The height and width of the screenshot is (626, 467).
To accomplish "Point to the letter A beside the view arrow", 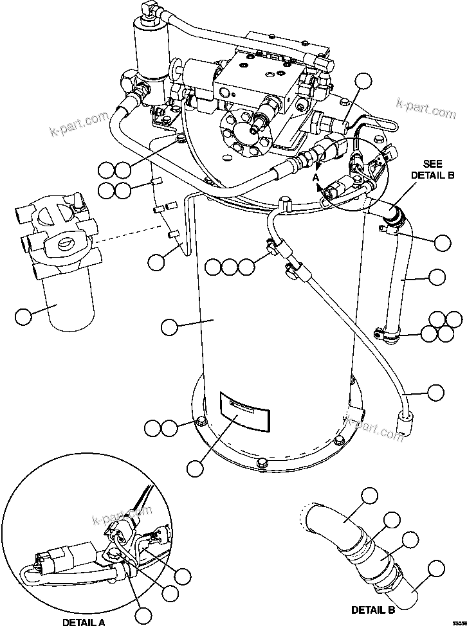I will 316,175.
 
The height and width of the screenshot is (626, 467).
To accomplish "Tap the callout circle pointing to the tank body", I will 169,326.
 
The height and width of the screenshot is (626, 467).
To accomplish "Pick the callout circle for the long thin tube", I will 436,391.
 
